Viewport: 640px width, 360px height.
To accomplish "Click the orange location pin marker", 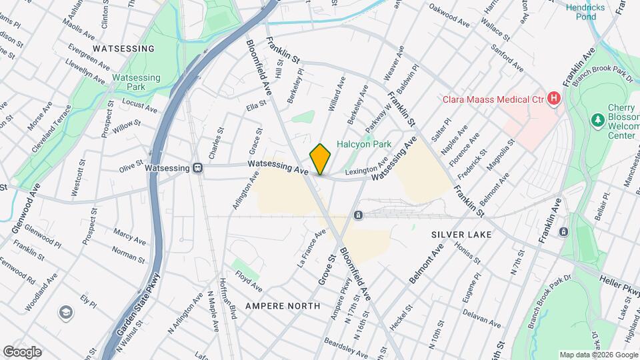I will point(321,159).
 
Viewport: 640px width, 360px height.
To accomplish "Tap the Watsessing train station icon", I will point(198,168).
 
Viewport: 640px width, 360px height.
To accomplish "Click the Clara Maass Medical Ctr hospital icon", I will point(553,100).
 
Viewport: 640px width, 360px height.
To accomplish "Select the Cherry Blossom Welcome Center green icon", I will point(598,119).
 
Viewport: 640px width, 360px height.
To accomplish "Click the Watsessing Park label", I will point(136,82).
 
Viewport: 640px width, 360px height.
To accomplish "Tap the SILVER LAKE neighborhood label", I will point(461,235).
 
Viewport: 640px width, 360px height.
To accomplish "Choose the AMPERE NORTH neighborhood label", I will point(279,305).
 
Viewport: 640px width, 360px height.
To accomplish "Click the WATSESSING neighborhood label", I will point(123,49).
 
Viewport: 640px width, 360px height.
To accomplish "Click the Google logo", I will point(21,351).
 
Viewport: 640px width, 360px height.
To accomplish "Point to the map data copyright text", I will point(598,355).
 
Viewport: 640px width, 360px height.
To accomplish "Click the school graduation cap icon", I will point(66,311).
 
